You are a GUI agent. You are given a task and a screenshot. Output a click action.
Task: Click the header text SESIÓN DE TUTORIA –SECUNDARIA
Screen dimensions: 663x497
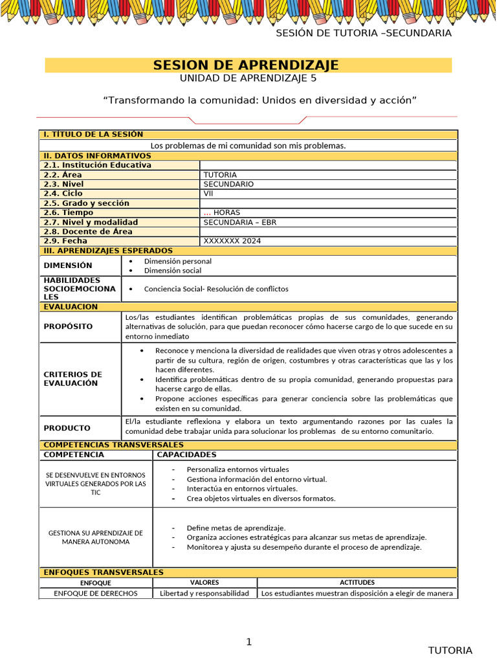click(x=364, y=33)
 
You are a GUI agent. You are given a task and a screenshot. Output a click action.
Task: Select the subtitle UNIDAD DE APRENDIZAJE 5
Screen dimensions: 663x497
click(x=248, y=79)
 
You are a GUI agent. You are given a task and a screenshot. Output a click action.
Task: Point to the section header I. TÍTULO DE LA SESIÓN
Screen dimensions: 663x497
click(x=93, y=135)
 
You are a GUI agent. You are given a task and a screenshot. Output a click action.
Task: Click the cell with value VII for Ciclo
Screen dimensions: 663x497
click(x=208, y=194)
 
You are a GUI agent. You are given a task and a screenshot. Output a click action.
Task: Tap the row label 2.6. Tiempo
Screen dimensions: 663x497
click(x=69, y=212)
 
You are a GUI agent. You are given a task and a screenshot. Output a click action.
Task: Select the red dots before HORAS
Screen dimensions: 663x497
click(x=207, y=212)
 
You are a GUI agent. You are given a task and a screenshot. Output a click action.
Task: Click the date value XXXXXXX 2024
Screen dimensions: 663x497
click(x=232, y=241)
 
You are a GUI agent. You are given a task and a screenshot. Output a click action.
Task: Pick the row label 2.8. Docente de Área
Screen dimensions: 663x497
click(x=88, y=231)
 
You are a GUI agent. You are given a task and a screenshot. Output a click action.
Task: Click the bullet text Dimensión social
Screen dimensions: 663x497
click(x=173, y=271)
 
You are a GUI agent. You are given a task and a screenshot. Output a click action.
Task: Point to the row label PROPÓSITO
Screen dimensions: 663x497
click(x=68, y=327)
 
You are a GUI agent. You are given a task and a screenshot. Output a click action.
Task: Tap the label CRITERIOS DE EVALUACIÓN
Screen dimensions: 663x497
click(x=72, y=379)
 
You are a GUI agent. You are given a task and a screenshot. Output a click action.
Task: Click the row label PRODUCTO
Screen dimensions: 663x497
click(x=67, y=428)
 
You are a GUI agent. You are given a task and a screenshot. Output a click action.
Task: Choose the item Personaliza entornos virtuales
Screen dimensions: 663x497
click(x=237, y=469)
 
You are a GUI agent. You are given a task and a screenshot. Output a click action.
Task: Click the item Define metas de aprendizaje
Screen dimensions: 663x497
click(x=236, y=528)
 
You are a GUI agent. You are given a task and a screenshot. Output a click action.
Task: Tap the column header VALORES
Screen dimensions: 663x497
click(x=204, y=583)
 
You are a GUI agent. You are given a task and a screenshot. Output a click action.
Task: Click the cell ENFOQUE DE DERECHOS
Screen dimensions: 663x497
click(x=95, y=593)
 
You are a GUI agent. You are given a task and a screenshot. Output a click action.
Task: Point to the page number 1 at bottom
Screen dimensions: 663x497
click(x=248, y=642)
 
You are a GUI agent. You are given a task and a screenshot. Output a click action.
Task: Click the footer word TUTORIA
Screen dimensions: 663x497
click(x=450, y=650)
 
